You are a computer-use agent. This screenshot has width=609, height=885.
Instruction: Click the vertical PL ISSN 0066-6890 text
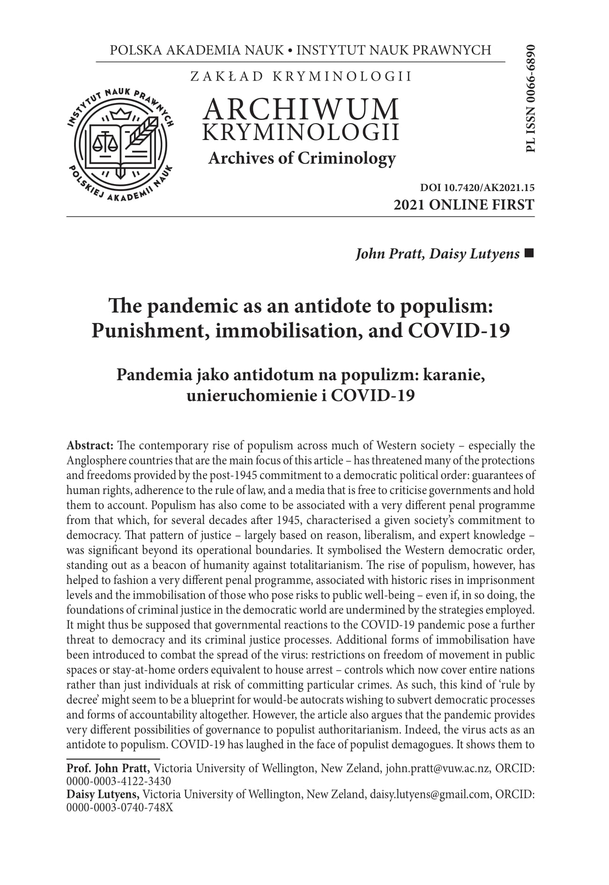pos(530,98)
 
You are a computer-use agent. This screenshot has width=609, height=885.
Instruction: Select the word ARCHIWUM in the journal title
pos(301,109)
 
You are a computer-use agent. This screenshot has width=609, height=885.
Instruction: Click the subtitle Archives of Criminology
pos(302,159)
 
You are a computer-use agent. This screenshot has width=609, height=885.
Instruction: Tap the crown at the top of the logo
pos(121,114)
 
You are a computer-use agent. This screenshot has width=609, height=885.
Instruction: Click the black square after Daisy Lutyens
pos(530,253)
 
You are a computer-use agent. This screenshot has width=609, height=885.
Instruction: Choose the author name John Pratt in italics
pos(385,254)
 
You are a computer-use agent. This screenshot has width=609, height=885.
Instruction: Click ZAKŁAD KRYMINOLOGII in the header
pos(301,76)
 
